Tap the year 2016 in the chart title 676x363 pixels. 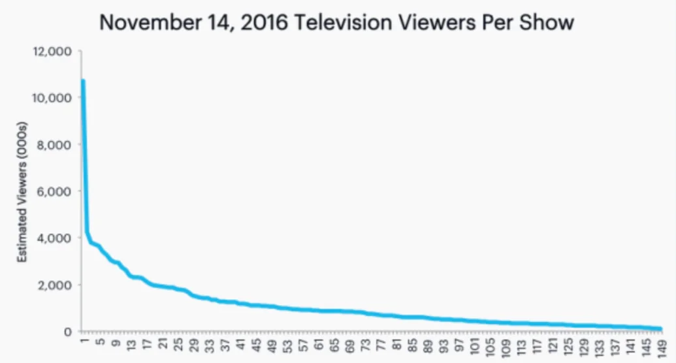tap(256, 24)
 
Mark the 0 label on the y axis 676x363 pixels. tap(67, 332)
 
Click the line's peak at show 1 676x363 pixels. tap(83, 81)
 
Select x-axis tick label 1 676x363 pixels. tap(84, 344)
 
